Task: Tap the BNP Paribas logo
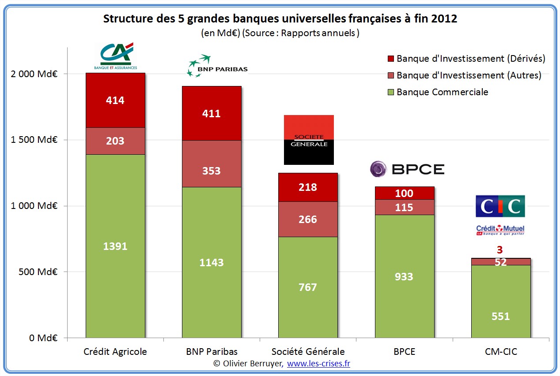[x=217, y=66]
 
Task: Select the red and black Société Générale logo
[x=309, y=140]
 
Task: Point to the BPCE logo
[x=407, y=169]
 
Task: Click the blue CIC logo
[x=500, y=206]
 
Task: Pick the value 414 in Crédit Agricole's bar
[x=115, y=101]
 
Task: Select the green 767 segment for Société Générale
[x=308, y=287]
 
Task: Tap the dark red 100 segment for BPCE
[x=404, y=193]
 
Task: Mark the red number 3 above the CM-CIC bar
[x=500, y=250]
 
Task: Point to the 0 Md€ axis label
[x=43, y=338]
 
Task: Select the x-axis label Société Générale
[x=308, y=352]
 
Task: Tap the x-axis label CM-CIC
[x=501, y=352]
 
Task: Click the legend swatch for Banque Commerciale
[x=390, y=92]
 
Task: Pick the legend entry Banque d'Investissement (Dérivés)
[x=471, y=59]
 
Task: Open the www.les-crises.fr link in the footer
[x=318, y=364]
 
